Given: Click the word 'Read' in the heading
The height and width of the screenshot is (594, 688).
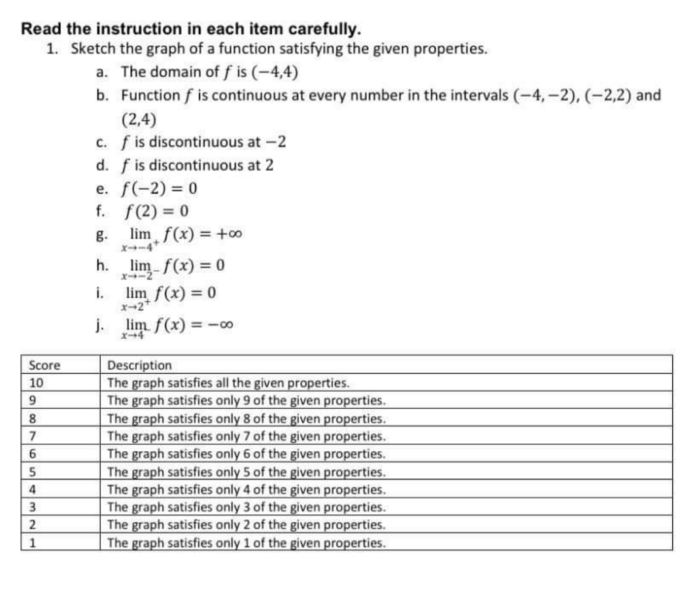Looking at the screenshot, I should [x=39, y=29].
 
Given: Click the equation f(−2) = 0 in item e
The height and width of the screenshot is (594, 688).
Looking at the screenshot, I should [x=159, y=189].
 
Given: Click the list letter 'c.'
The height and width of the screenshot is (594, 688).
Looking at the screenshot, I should [x=101, y=141].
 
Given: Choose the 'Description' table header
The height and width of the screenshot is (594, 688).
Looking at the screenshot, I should [x=139, y=364].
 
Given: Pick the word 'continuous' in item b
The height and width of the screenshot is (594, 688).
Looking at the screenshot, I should [x=243, y=96].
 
